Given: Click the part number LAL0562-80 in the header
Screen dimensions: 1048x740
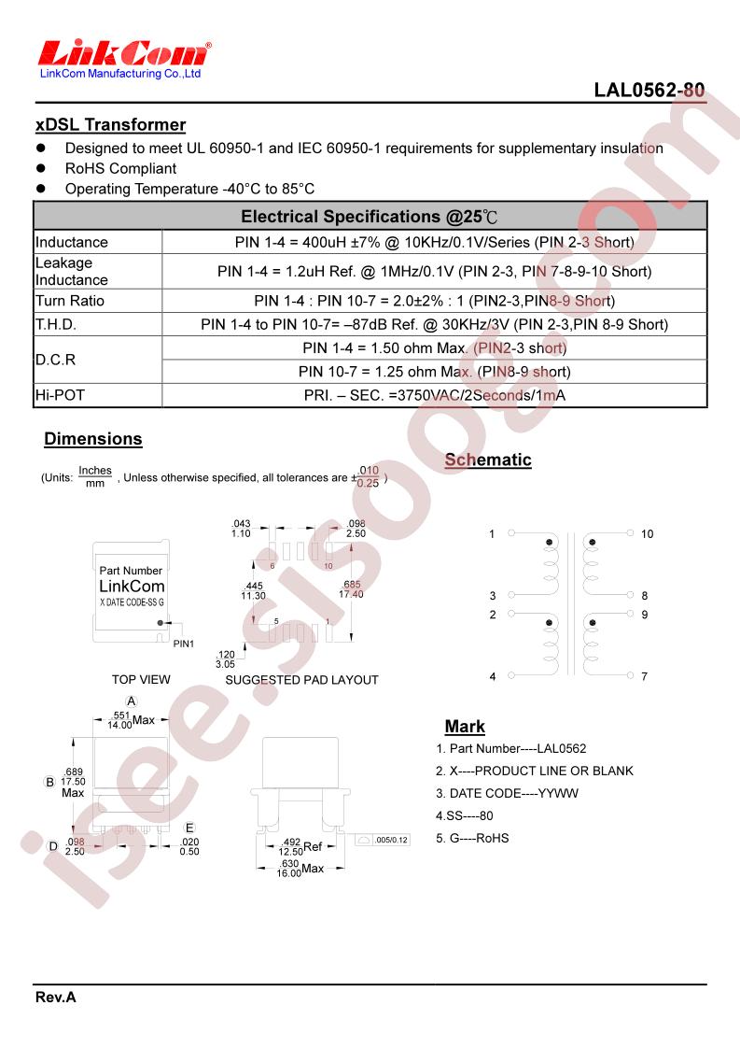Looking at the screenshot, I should click(649, 92).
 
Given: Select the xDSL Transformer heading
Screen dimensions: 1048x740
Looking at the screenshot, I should click(110, 125).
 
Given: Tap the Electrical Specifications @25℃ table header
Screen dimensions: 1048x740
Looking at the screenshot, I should click(370, 217).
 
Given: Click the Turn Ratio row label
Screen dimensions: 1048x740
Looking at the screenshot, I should click(70, 301).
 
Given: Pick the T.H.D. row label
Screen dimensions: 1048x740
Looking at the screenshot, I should click(56, 325).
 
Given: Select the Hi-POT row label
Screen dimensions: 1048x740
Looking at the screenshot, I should click(60, 395).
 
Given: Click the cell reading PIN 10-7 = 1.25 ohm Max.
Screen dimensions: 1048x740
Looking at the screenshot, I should click(435, 372).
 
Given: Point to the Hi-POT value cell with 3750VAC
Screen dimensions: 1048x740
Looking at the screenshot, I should click(435, 395).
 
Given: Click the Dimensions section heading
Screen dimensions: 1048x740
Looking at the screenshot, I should click(93, 439).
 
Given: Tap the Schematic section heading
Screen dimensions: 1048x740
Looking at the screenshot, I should click(488, 460).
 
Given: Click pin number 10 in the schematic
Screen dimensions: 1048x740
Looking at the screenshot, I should click(647, 534).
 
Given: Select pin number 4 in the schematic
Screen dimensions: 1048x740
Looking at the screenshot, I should click(493, 676).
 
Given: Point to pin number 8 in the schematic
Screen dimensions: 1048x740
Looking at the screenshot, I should click(644, 596).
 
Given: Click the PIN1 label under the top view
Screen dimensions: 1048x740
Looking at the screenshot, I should click(184, 644).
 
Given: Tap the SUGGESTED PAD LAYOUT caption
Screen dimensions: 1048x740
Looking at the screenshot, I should click(301, 680).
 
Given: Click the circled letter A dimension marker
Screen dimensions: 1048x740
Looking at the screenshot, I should click(132, 701).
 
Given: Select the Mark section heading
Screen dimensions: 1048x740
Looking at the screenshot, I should click(465, 727).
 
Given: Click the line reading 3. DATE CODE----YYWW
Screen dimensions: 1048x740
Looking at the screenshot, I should click(508, 793).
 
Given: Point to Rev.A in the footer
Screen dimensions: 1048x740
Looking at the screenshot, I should click(56, 998).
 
